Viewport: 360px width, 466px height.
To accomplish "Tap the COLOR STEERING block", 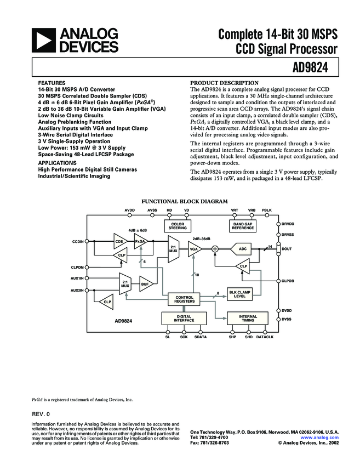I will (177, 226).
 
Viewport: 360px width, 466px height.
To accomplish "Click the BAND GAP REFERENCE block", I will (242, 226).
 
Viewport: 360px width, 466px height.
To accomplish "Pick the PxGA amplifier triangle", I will (140, 241).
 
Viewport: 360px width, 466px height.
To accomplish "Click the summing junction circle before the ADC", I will (215, 249).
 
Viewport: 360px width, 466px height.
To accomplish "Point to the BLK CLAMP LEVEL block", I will (239, 294).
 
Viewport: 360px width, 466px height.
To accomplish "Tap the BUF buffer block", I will (145, 284).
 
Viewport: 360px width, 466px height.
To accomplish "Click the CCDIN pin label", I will (78, 241).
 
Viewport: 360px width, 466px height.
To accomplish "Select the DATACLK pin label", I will (265, 337).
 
